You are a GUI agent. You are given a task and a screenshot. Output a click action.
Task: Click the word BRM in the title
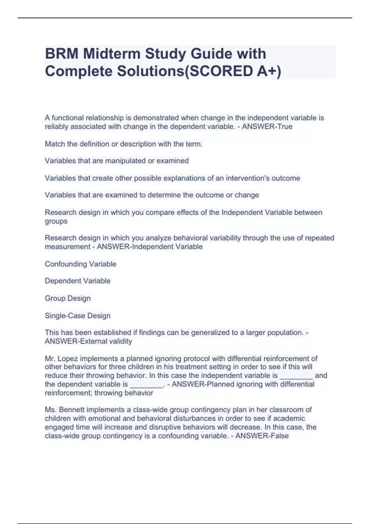[61, 54]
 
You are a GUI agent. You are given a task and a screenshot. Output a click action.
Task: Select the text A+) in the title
[269, 71]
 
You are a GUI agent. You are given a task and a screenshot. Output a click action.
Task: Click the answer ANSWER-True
[267, 127]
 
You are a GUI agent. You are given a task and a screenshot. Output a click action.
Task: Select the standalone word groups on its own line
[56, 221]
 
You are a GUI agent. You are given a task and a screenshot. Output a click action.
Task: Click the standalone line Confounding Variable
[80, 264]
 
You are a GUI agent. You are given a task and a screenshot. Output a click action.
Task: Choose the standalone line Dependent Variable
[78, 281]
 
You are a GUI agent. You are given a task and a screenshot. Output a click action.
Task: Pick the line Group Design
[68, 298]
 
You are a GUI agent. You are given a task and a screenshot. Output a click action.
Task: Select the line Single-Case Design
[78, 316]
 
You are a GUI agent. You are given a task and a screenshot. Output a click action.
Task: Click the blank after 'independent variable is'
[296, 376]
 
